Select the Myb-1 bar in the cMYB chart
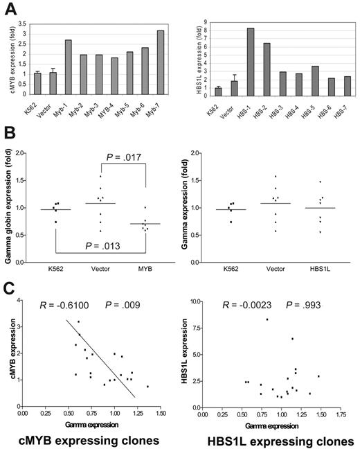tap(69, 67)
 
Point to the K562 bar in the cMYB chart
tap(38, 83)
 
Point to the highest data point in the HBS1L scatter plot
tap(267, 319)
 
